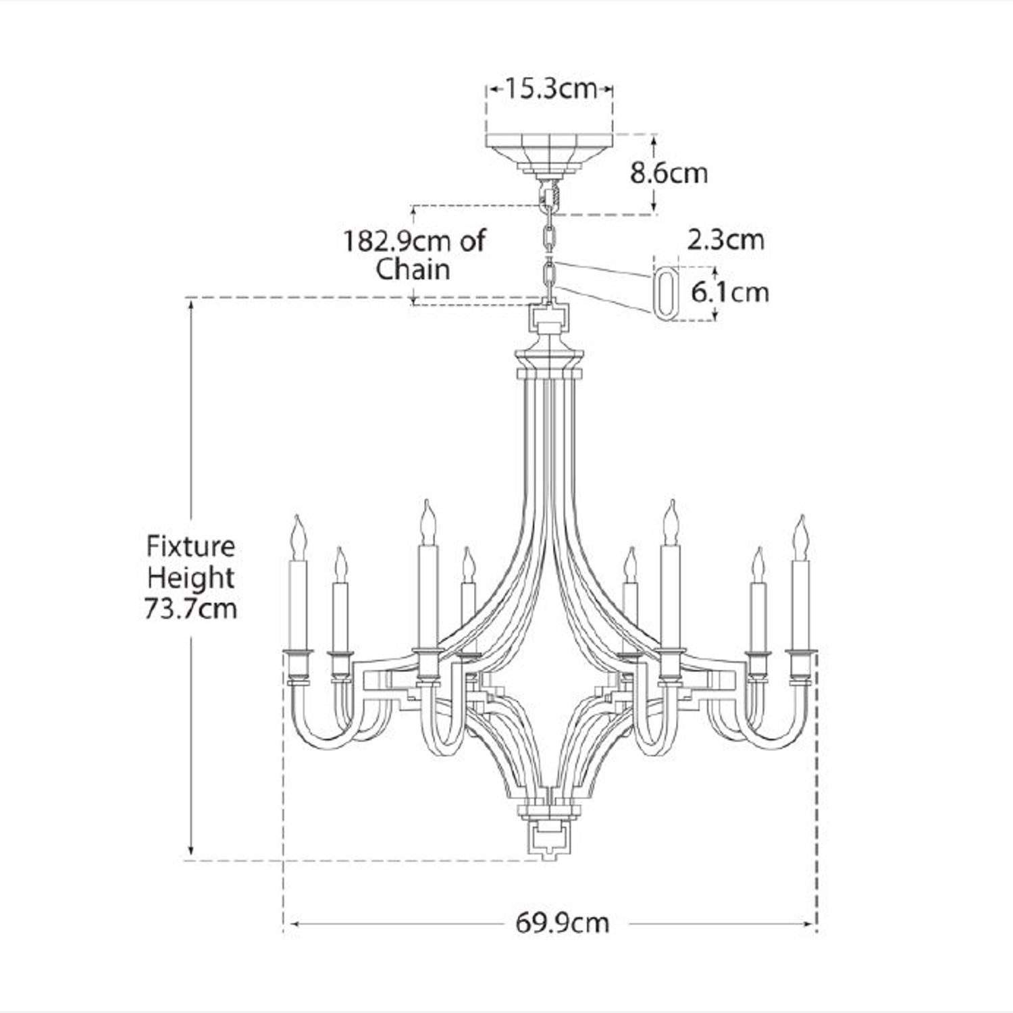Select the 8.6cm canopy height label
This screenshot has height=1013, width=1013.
(x=669, y=173)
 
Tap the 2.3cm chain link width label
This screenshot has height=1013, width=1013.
(x=726, y=240)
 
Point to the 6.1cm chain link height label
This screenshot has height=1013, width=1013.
(x=730, y=292)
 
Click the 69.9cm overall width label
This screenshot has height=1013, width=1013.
(x=562, y=923)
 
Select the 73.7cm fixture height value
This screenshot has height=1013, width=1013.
(x=190, y=608)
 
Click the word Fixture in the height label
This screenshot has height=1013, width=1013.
(x=191, y=546)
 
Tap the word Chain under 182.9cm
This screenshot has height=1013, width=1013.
(x=413, y=269)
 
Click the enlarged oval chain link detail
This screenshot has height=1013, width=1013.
(x=666, y=292)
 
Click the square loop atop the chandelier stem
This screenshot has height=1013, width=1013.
(x=548, y=317)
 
